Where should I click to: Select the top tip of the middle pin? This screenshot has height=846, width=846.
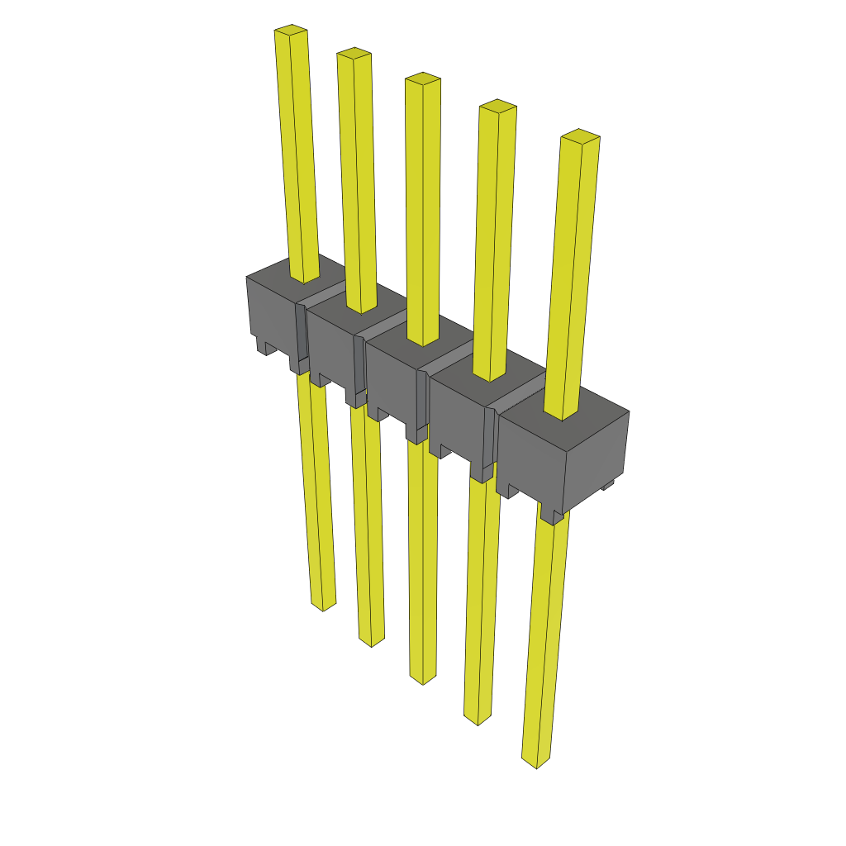422,79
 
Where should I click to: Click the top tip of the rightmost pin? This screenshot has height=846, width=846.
580,136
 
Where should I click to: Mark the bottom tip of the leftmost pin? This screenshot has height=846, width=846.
323,606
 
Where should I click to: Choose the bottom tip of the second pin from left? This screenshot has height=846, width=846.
371,641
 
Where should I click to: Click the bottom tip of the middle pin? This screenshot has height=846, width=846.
422,679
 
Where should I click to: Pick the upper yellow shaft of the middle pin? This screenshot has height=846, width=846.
422,207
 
